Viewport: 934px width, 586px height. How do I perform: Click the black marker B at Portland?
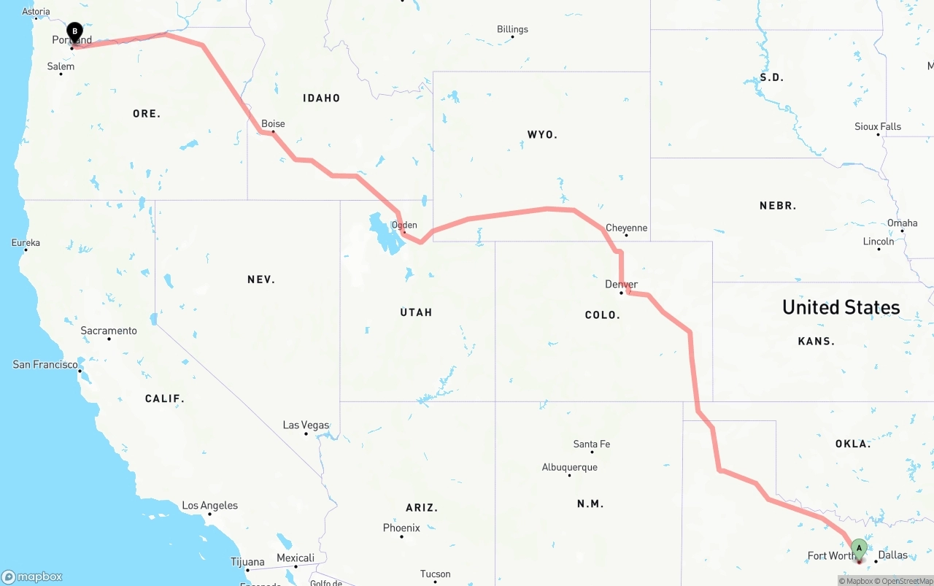74,32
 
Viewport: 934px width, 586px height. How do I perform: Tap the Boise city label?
273,123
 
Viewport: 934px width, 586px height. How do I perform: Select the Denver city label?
621,284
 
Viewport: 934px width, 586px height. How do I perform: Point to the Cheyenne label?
626,228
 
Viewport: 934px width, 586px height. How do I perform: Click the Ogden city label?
404,225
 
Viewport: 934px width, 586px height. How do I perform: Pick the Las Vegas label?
306,425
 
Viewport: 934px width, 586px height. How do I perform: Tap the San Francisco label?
45,364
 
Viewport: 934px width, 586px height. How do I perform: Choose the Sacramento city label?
109,331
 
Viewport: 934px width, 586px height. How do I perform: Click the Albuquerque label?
569,467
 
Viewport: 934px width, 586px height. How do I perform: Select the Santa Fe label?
591,444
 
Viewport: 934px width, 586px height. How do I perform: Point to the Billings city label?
512,29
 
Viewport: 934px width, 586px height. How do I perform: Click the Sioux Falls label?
878,126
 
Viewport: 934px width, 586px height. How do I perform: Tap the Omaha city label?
902,223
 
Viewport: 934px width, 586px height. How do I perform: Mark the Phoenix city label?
401,528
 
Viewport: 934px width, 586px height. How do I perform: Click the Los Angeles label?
209,505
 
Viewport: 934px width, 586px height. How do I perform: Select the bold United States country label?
841,307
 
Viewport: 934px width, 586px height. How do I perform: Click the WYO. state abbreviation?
542,134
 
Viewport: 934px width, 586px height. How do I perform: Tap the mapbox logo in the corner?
32,577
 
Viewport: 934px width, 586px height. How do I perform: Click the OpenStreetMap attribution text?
907,581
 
